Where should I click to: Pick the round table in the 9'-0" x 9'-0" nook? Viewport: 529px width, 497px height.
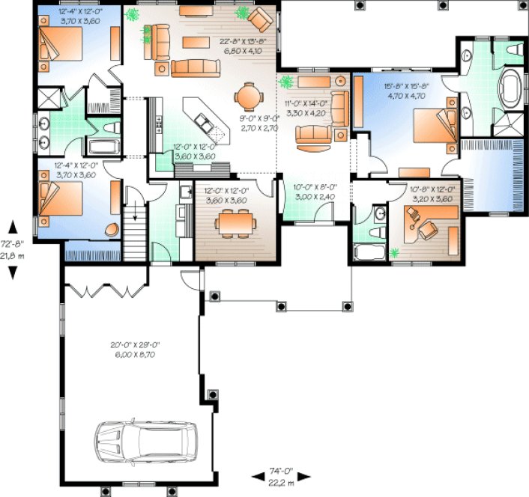pos(248,97)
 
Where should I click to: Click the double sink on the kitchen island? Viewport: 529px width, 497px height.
pos(201,119)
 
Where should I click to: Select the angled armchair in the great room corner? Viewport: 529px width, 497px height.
pos(261,19)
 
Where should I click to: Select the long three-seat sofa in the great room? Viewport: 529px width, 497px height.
pos(195,69)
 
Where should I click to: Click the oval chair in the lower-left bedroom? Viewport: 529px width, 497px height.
pos(112,230)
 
